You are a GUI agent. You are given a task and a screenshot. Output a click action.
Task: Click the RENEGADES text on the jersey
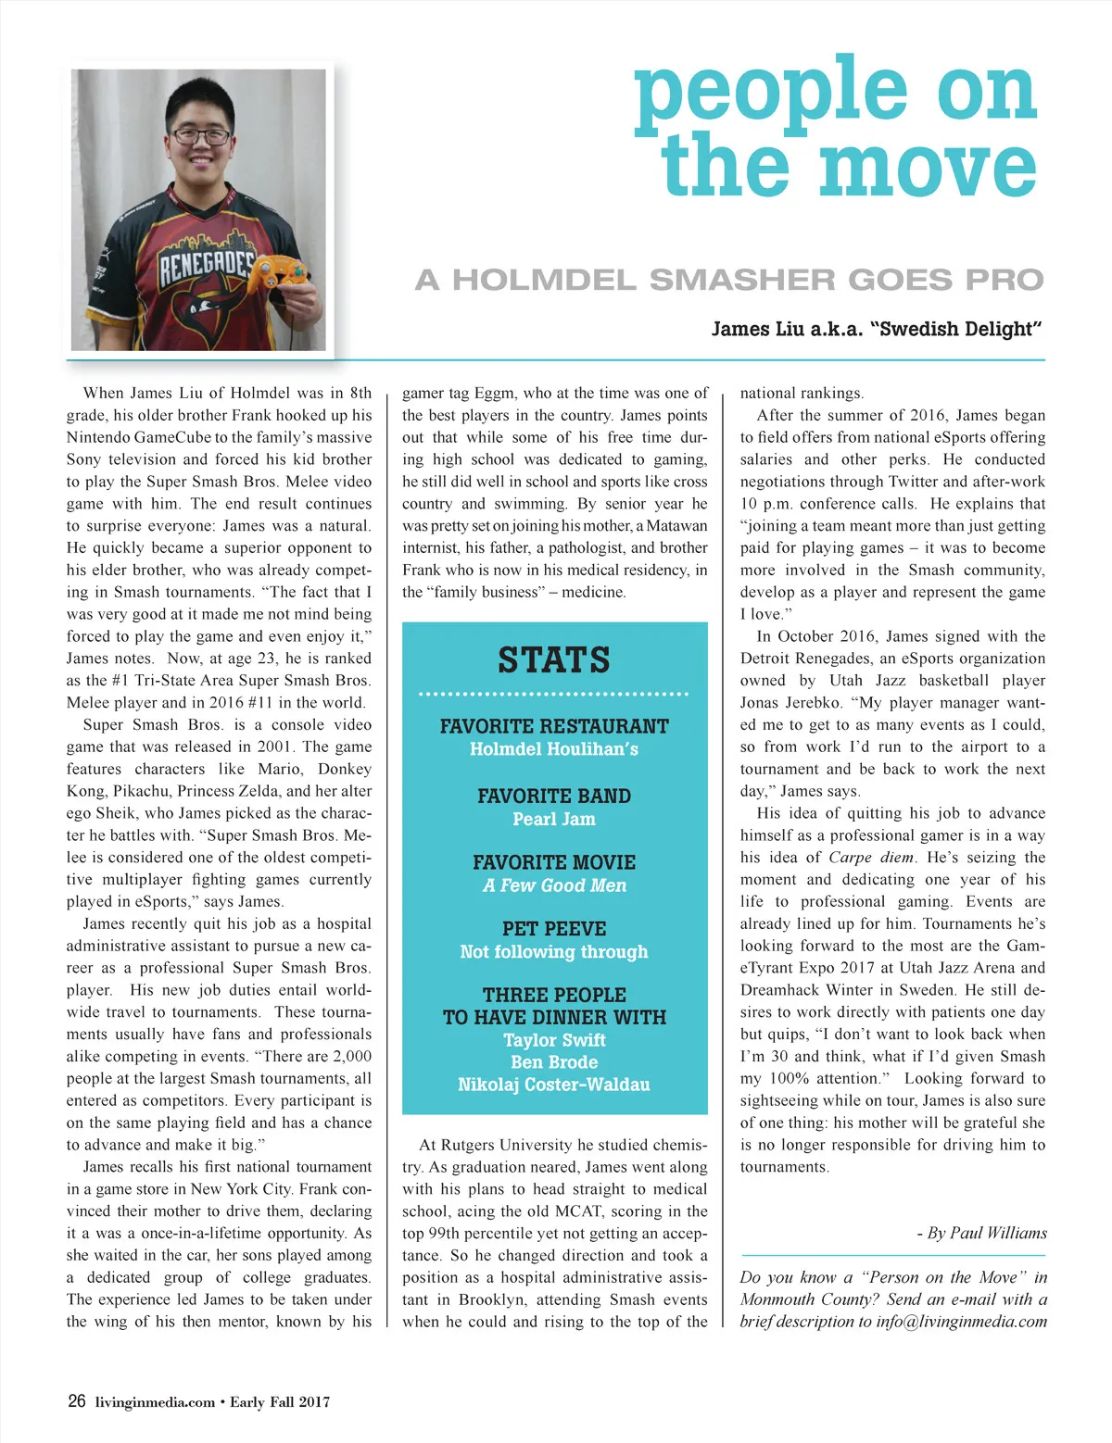[206, 266]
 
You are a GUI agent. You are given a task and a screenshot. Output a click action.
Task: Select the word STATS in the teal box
[554, 660]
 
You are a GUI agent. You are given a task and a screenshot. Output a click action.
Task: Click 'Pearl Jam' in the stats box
[554, 819]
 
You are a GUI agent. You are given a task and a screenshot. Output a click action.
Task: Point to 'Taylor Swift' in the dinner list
[554, 1040]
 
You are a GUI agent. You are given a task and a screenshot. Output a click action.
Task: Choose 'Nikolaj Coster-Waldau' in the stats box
[554, 1085]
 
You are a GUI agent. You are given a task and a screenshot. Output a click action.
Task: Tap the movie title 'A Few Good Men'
[554, 885]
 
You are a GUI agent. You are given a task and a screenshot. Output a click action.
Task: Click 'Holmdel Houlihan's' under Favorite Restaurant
[554, 749]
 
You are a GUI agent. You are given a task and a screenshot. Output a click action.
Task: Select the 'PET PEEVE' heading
[554, 929]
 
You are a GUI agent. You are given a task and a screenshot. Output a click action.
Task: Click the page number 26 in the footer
[77, 1401]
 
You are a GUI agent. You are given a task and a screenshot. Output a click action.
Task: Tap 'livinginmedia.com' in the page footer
[155, 1402]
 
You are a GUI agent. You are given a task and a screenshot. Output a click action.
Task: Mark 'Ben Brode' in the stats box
[554, 1062]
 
